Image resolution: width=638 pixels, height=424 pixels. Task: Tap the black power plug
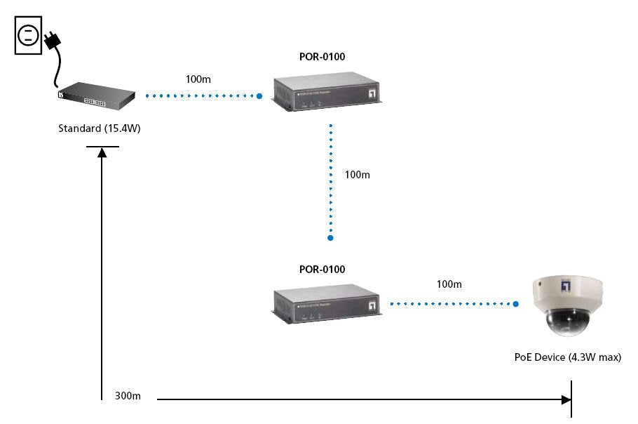[52, 41]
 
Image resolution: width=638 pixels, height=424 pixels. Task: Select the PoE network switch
[96, 97]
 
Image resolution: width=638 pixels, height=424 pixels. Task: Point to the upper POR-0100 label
[323, 57]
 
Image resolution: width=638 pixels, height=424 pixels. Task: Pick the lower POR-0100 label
[323, 269]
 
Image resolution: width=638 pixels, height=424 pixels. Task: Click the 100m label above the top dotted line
[198, 79]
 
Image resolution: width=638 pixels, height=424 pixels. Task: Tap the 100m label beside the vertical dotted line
[357, 174]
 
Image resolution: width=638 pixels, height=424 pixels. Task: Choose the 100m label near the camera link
[449, 284]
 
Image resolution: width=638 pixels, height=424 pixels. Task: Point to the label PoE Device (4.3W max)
[568, 357]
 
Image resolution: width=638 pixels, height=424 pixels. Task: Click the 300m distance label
[128, 396]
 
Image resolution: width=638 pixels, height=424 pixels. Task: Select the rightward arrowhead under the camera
[566, 399]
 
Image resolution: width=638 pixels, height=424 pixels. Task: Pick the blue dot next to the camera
[516, 305]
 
